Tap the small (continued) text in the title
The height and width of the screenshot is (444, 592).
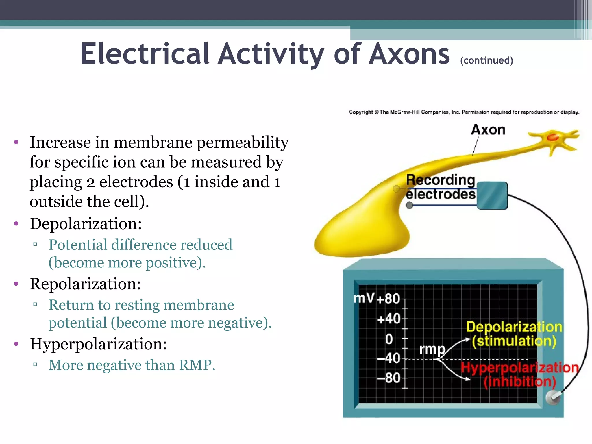pyautogui.click(x=486, y=60)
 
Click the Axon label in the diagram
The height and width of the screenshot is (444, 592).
pyautogui.click(x=488, y=130)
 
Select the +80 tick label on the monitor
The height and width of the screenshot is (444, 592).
pyautogui.click(x=388, y=299)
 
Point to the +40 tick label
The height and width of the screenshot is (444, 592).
pyautogui.click(x=389, y=319)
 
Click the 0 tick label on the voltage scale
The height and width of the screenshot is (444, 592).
pyautogui.click(x=389, y=339)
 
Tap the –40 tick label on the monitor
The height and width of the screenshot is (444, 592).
pyautogui.click(x=389, y=358)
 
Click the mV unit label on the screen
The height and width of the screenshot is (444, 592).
pyautogui.click(x=364, y=298)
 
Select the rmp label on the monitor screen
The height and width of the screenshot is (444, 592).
pyautogui.click(x=432, y=349)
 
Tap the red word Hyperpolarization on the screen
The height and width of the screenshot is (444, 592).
pyautogui.click(x=519, y=368)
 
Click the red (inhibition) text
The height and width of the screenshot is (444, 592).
pyautogui.click(x=520, y=382)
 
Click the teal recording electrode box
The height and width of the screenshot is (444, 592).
pyautogui.click(x=492, y=195)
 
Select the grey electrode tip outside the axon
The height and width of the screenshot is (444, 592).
pyautogui.click(x=409, y=206)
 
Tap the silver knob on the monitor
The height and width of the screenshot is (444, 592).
pyautogui.click(x=553, y=398)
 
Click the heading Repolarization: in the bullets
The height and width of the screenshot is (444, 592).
pyautogui.click(x=85, y=284)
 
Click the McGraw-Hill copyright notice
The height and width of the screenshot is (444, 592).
pyautogui.click(x=464, y=112)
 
